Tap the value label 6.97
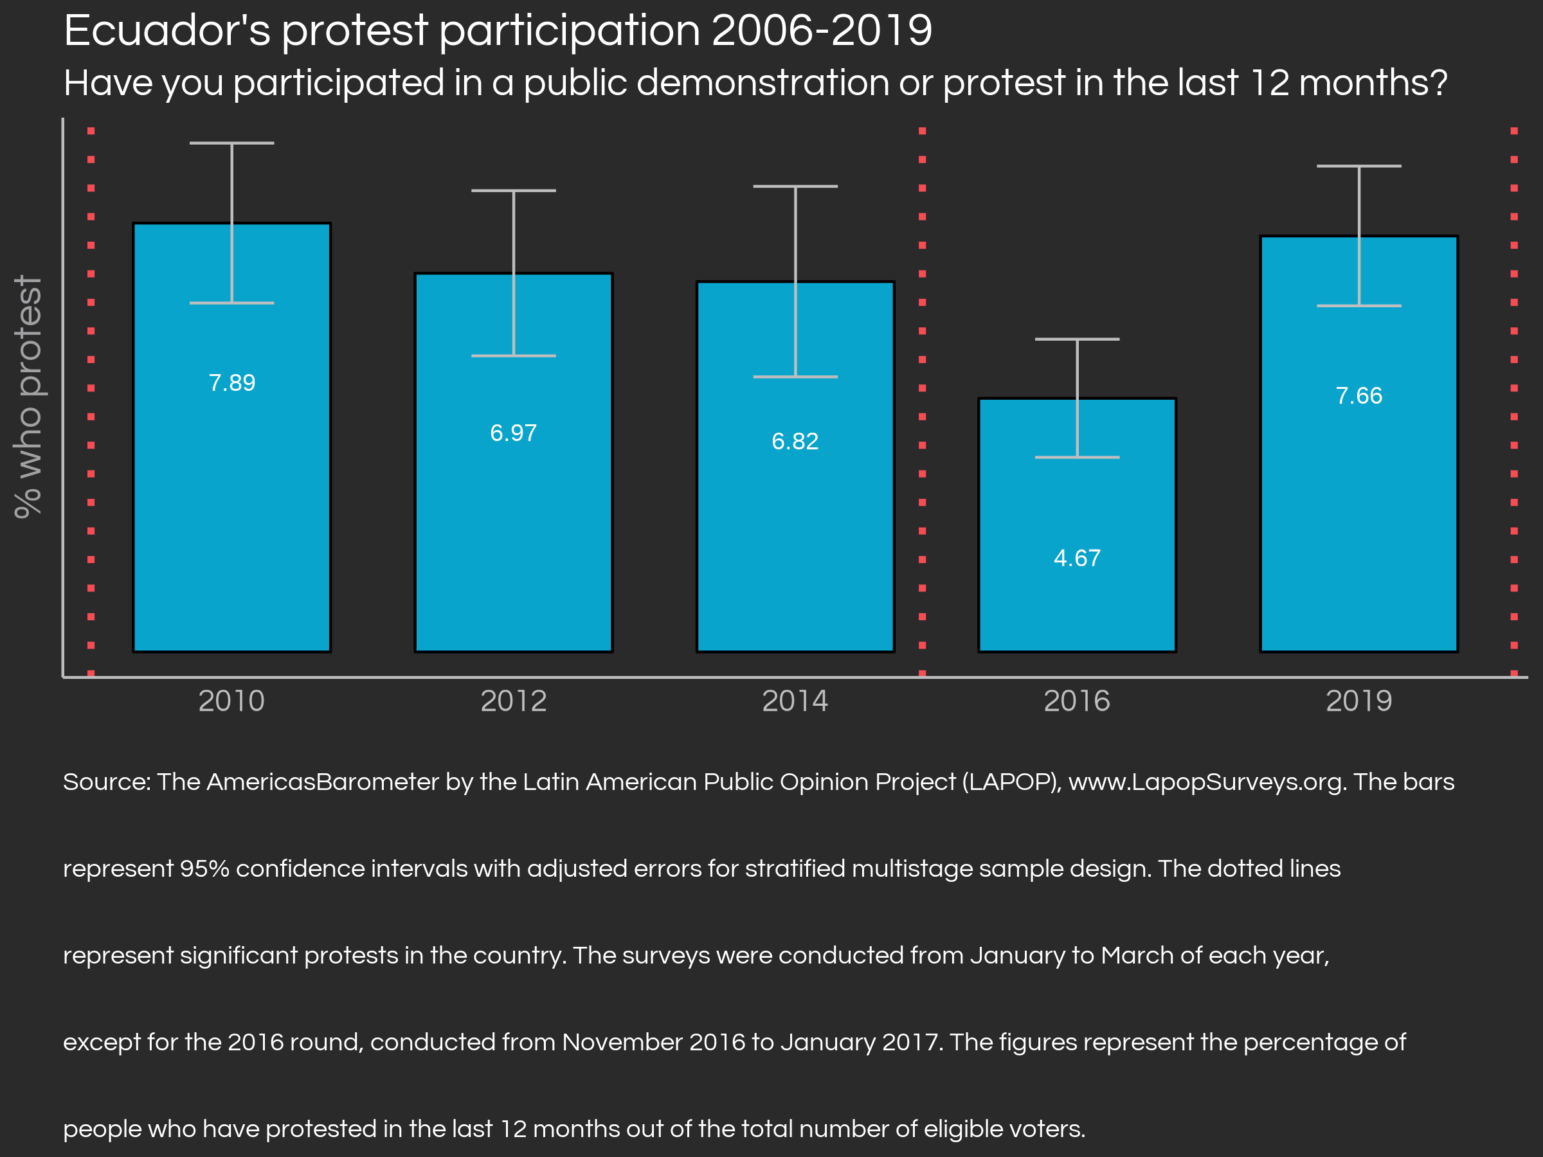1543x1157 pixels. click(514, 433)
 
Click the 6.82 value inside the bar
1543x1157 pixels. click(795, 442)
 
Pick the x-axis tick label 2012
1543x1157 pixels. click(514, 701)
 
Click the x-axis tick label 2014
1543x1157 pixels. click(795, 701)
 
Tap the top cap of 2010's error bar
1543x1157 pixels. click(231, 143)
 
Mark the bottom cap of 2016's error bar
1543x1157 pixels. click(1077, 458)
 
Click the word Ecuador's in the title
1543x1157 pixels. click(167, 31)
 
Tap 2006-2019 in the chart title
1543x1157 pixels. click(822, 31)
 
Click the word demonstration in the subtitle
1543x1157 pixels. click(762, 83)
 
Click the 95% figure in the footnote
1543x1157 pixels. click(204, 869)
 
